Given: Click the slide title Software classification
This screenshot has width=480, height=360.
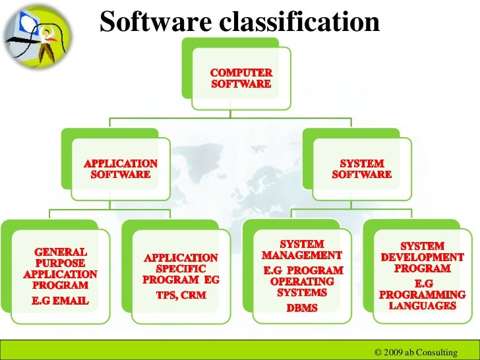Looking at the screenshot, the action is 240,21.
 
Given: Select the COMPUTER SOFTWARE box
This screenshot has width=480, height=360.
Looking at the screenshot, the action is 240,78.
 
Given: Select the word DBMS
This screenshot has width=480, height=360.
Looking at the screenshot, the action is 303,307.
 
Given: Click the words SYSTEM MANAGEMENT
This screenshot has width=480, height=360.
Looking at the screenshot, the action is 303,249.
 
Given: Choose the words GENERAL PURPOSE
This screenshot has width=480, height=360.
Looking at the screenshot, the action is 60,257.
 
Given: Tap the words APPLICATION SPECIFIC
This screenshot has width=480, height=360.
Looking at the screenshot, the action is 180,263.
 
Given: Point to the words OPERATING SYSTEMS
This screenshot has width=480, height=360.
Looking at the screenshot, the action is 303,287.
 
